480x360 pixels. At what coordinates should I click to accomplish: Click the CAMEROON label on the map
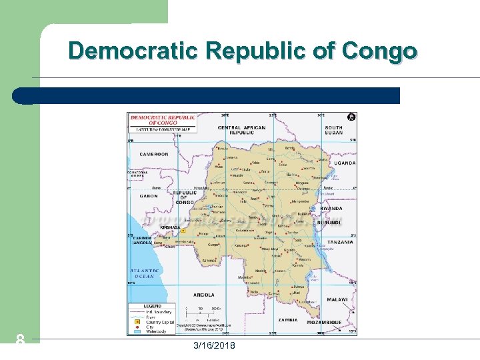point(154,154)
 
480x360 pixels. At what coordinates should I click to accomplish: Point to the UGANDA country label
point(345,163)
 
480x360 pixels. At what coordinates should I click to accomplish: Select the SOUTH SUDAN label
point(333,130)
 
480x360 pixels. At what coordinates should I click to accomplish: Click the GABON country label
point(149,196)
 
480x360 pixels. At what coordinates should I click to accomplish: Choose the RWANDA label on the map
point(331,209)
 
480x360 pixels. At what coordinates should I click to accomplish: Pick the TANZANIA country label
point(340,242)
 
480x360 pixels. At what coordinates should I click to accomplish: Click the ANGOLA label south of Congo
point(203,294)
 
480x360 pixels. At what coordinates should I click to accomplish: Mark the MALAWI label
point(337,300)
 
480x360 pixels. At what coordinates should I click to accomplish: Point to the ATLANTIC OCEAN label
point(143,273)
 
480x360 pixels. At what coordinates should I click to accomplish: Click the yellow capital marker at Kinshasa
point(179,229)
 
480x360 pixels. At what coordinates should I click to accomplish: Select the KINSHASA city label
point(169,227)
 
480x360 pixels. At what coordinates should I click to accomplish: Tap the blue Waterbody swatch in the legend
point(133,331)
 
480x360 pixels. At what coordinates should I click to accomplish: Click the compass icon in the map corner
point(351,117)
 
